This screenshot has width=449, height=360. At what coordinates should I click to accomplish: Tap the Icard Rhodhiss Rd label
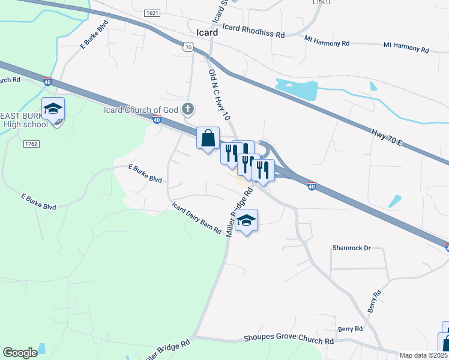click(x=253, y=31)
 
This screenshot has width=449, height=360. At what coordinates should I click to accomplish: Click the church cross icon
click(x=188, y=109)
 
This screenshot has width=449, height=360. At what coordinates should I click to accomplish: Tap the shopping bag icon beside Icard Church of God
click(x=208, y=138)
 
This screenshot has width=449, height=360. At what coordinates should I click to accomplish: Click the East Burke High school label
click(x=24, y=120)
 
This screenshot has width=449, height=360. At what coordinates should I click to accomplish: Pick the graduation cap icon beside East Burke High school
click(x=53, y=109)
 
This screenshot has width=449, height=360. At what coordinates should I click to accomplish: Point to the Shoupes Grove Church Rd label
click(x=288, y=340)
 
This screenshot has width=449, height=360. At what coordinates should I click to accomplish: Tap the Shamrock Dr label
click(x=352, y=247)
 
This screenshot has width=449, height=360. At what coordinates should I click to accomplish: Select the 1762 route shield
click(x=32, y=144)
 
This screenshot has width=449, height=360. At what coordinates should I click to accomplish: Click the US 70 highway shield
click(x=188, y=46)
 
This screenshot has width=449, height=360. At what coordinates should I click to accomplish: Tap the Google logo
click(x=20, y=353)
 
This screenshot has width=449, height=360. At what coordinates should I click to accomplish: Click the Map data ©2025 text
click(x=423, y=355)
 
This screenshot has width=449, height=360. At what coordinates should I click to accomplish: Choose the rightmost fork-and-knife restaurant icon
click(x=264, y=170)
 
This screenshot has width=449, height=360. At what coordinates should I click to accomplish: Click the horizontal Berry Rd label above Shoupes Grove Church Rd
click(x=350, y=329)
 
